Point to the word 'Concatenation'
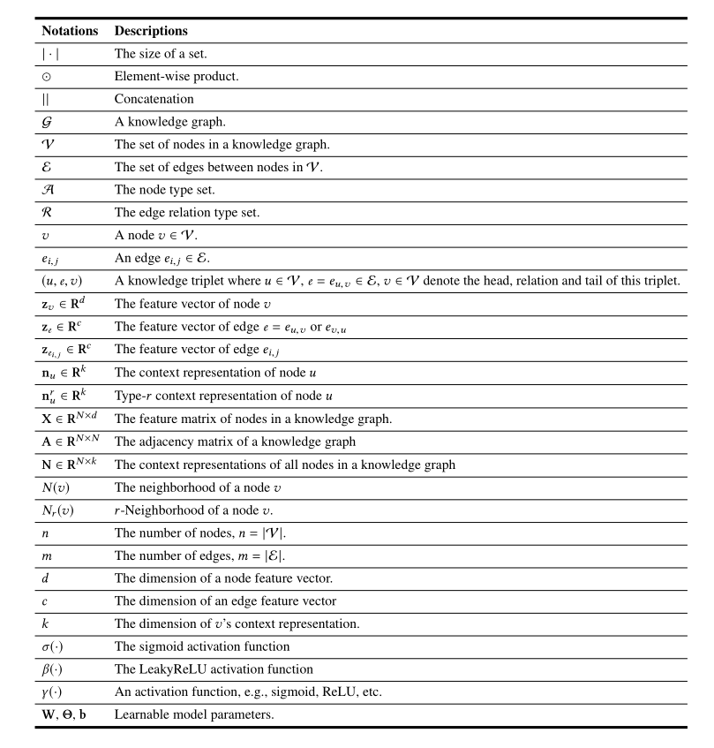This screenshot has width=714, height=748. pyautogui.click(x=154, y=100)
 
